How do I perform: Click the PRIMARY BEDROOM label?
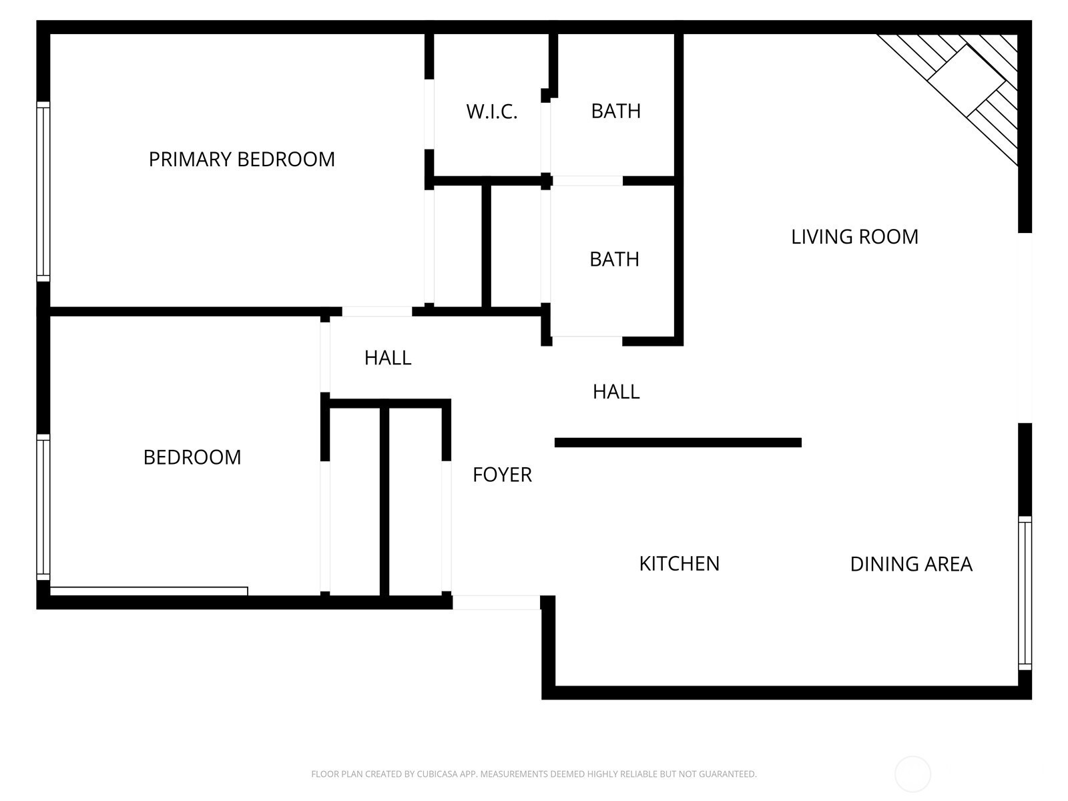click(242, 160)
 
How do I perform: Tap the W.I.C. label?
click(491, 112)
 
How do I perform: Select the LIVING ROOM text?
click(854, 237)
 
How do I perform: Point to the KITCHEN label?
click(680, 563)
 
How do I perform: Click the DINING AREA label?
click(911, 564)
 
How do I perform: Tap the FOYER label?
click(502, 475)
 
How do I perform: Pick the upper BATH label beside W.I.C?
click(615, 111)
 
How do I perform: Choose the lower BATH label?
click(614, 260)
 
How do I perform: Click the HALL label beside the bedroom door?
click(388, 358)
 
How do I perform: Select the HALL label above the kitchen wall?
click(616, 392)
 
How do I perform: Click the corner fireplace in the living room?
click(969, 80)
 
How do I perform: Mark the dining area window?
click(1025, 593)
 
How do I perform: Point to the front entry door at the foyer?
click(497, 602)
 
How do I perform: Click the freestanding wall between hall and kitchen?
click(678, 443)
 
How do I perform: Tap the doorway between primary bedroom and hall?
click(377, 312)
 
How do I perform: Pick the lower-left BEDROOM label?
click(192, 458)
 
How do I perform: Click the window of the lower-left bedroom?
click(43, 507)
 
